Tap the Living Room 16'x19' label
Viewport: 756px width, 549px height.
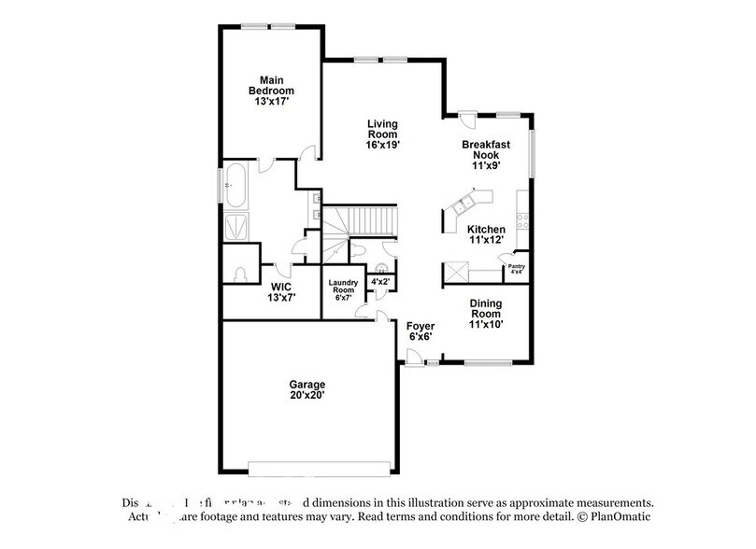(x=383, y=134)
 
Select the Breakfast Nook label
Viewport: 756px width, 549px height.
(x=487, y=152)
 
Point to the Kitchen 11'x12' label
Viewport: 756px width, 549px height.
(x=487, y=234)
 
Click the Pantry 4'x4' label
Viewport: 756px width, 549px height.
(x=516, y=269)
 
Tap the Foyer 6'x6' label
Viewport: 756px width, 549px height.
(x=421, y=331)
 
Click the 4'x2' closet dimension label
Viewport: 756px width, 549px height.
(x=381, y=280)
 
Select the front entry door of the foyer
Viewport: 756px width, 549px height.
(x=412, y=356)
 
